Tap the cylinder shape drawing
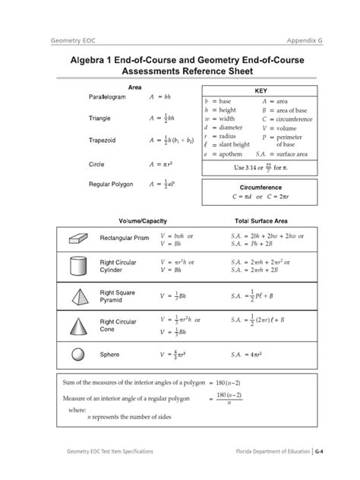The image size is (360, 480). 77,266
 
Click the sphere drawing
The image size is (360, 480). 77,354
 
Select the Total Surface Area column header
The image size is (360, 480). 255,220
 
